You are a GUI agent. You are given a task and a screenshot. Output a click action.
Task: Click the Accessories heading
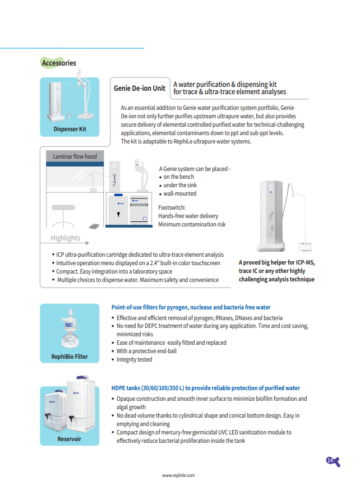pyautogui.click(x=59, y=63)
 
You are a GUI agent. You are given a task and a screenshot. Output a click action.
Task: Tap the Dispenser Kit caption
pyautogui.click(x=70, y=129)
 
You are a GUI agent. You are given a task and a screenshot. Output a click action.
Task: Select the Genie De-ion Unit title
pyautogui.click(x=140, y=88)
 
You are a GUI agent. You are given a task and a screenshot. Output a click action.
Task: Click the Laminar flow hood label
pyautogui.click(x=75, y=156)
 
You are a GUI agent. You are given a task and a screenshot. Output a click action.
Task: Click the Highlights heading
pyautogui.click(x=66, y=238)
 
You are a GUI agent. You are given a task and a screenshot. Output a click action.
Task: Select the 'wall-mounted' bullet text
pyautogui.click(x=180, y=193)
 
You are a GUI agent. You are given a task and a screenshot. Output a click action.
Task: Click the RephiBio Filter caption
pyautogui.click(x=70, y=357)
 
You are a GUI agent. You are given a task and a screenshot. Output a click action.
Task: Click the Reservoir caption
pyautogui.click(x=70, y=439)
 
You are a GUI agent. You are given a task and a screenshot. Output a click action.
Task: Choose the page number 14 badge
pyautogui.click(x=330, y=460)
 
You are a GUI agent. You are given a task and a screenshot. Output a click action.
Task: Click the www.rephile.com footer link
pyautogui.click(x=178, y=475)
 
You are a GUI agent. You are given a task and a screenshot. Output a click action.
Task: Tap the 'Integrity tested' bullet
pyautogui.click(x=134, y=359)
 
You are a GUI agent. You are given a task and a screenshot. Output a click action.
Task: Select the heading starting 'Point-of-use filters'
pyautogui.click(x=191, y=307)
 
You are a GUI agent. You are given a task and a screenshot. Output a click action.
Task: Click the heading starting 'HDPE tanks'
pyautogui.click(x=205, y=388)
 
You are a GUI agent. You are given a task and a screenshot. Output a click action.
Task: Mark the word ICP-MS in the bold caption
pyautogui.click(x=303, y=262)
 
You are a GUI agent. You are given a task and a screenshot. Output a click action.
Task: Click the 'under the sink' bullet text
pyautogui.click(x=180, y=185)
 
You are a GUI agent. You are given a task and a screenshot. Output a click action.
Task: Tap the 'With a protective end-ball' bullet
pyautogui.click(x=146, y=351)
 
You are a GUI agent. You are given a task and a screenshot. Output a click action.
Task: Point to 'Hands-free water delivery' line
pyautogui.click(x=188, y=216)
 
